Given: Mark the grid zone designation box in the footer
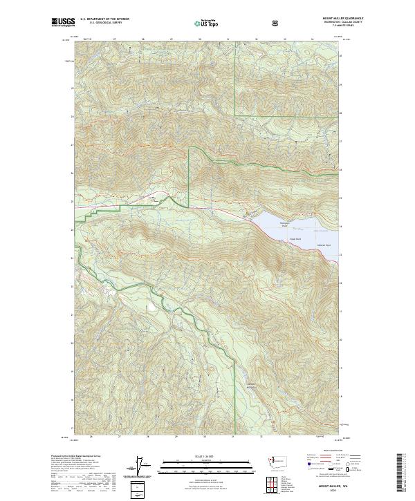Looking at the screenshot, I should (139, 487).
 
